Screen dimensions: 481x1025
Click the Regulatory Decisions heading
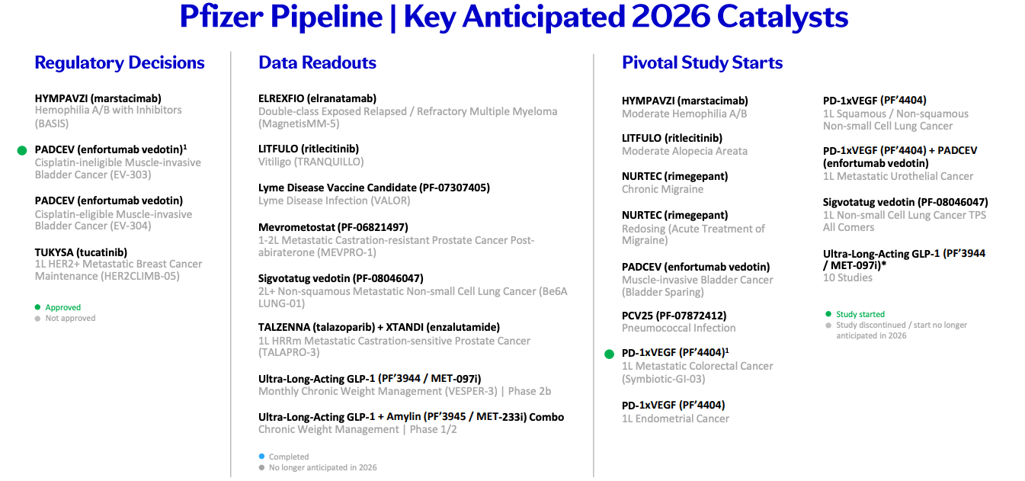[x=120, y=63]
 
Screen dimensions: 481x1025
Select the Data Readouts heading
[x=317, y=63]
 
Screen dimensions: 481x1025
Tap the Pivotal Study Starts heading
[x=702, y=63]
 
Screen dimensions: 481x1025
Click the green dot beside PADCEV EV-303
[x=22, y=151]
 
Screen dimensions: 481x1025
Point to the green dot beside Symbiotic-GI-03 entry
[x=609, y=354]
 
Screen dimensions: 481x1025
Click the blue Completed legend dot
[x=262, y=457]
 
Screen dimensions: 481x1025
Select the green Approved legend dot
[x=38, y=307]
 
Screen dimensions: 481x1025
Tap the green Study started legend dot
[x=828, y=314]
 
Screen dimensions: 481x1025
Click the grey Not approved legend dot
[x=38, y=318]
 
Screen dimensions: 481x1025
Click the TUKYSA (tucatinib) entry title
[x=81, y=252]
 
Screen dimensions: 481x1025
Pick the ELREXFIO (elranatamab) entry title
[x=317, y=98]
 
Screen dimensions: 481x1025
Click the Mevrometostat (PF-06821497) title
[x=333, y=226]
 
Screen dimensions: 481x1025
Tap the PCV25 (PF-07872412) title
[x=674, y=315]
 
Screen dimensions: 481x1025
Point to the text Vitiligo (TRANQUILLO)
[x=311, y=162]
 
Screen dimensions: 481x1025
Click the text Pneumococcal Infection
[x=678, y=328]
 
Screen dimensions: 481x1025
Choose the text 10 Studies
[x=847, y=277]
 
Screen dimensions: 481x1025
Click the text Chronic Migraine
[x=662, y=189]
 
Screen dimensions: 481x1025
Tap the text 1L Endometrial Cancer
[x=675, y=418]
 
